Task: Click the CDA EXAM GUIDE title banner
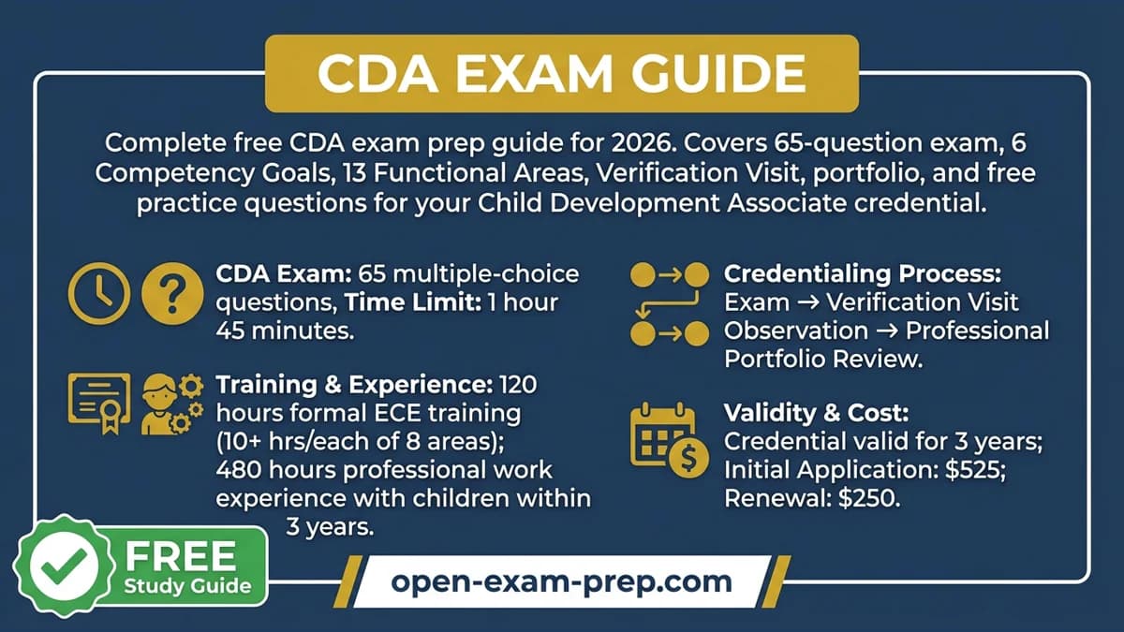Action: coord(561,74)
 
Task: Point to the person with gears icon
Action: coord(170,403)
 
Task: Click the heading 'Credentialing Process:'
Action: coord(863,274)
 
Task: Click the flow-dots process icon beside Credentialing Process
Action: coord(669,302)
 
